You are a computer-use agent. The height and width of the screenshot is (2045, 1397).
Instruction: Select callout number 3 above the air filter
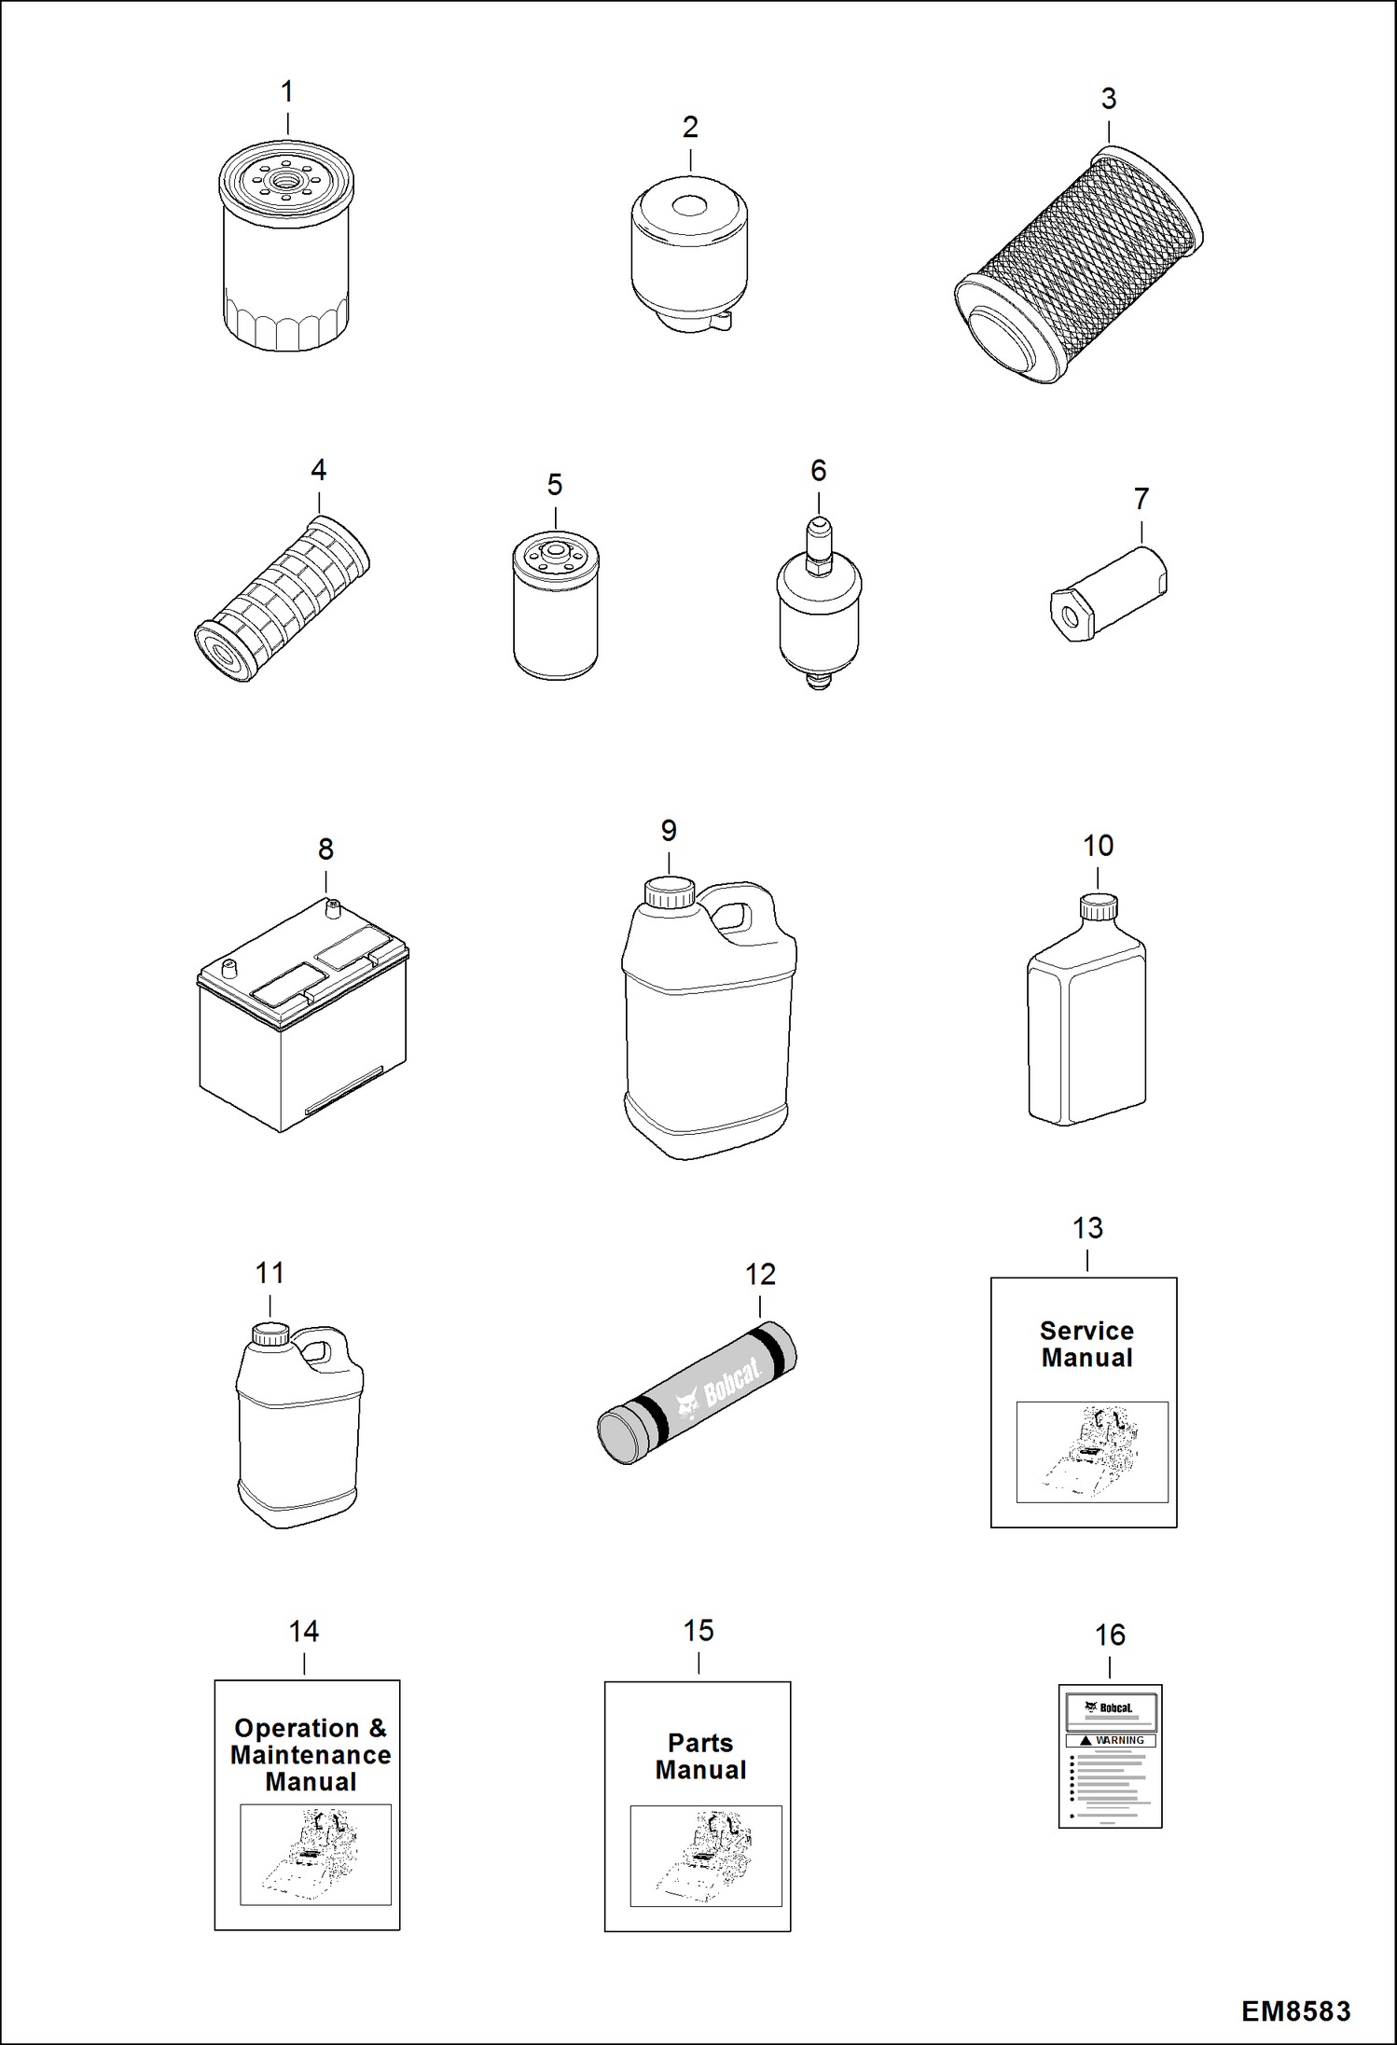[1108, 99]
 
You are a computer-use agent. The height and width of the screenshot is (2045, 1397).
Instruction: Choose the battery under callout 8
[303, 1021]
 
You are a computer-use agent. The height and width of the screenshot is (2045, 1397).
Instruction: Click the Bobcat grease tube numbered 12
[698, 1394]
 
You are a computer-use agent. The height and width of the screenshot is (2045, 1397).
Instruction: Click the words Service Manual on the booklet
[1086, 1344]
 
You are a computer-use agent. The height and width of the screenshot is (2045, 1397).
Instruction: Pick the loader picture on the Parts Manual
[706, 1856]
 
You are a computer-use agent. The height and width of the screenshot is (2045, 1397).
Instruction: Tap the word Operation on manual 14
[297, 1728]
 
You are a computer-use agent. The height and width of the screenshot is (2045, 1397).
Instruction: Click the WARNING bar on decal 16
[1111, 1740]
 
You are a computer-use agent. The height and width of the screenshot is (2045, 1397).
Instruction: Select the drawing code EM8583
[1295, 2011]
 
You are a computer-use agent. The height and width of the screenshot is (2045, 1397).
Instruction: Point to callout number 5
[555, 485]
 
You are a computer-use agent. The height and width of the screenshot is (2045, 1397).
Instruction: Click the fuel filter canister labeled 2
[689, 256]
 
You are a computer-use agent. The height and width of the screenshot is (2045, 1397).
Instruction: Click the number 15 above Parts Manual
[698, 1630]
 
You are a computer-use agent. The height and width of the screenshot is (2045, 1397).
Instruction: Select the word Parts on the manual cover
[700, 1743]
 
